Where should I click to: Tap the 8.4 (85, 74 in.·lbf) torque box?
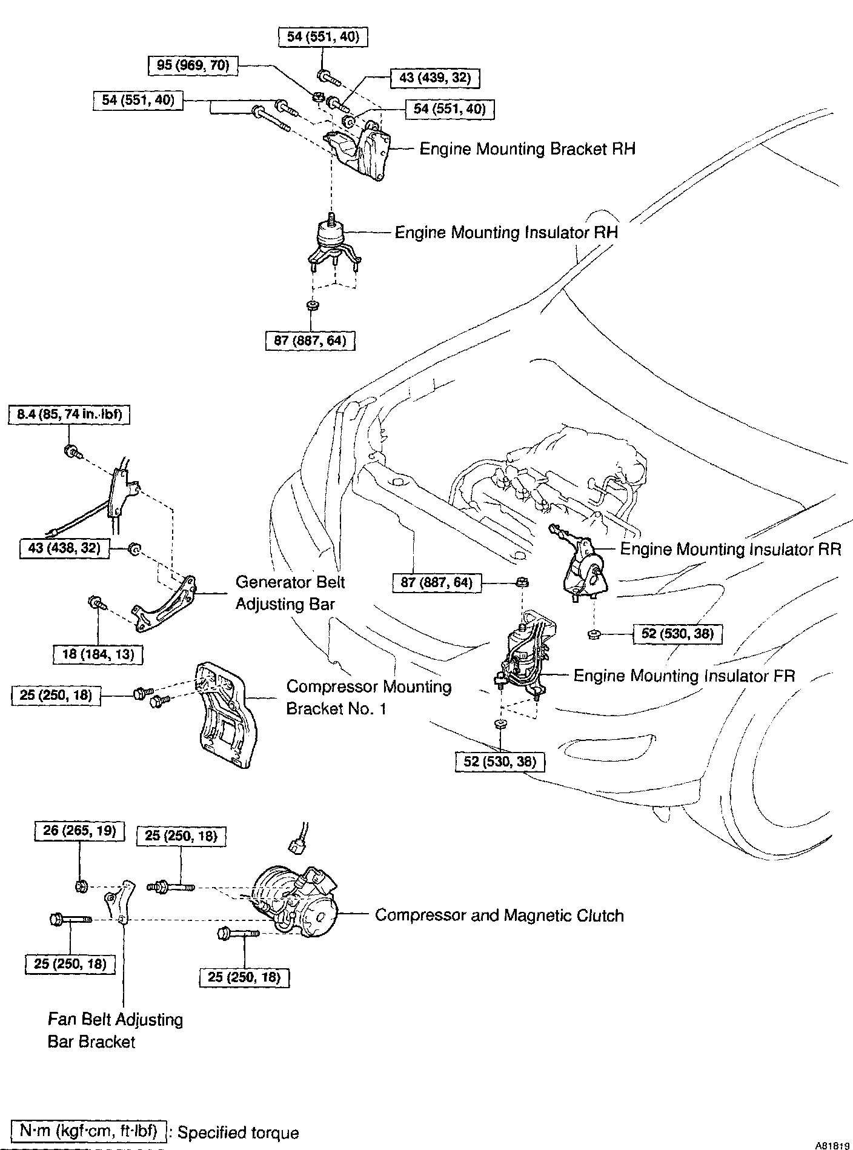click(x=70, y=415)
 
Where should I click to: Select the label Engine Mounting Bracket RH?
click(x=527, y=149)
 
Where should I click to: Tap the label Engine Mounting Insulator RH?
click(x=506, y=233)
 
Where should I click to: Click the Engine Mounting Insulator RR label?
click(x=731, y=549)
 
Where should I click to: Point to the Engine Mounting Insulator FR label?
click(x=684, y=676)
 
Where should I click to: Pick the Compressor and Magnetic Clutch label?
click(x=499, y=915)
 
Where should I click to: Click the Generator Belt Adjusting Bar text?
click(x=290, y=593)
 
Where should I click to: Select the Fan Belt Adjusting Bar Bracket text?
click(x=115, y=1030)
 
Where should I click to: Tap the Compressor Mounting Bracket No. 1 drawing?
click(x=224, y=715)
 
